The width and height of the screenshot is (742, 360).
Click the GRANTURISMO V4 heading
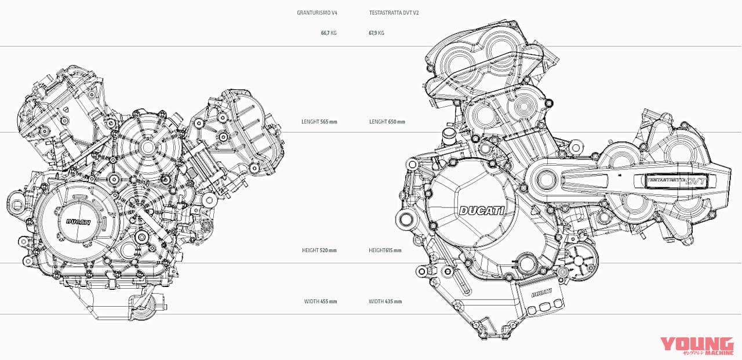317,12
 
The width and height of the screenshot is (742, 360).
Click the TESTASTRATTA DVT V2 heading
394,12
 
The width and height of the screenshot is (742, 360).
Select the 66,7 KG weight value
328,33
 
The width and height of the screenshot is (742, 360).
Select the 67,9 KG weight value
377,33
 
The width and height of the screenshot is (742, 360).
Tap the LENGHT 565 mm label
319,122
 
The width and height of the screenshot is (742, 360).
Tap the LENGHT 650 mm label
387,122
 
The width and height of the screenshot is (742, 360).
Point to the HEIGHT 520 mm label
319,250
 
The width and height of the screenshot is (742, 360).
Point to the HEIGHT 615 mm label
385,250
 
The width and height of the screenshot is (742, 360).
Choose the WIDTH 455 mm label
320,301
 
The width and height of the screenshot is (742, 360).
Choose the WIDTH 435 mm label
385,301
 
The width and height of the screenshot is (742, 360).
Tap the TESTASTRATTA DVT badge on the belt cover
676,180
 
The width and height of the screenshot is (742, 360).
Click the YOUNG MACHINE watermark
692,346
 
